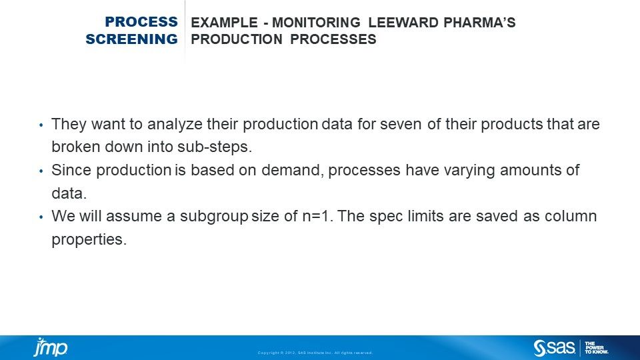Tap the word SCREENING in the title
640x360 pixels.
pos(131,39)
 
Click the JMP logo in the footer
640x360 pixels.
pos(51,347)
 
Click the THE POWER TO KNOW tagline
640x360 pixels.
pos(597,347)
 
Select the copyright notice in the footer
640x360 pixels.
pos(315,353)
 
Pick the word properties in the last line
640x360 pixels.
pos(89,239)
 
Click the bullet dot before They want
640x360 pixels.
pos(41,125)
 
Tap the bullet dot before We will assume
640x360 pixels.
pos(41,217)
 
